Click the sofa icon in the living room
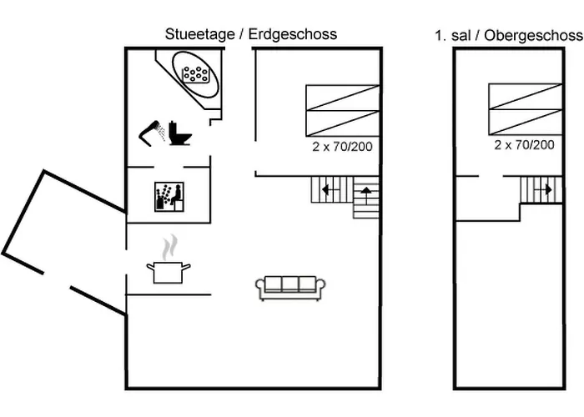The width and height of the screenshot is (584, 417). (x=290, y=288)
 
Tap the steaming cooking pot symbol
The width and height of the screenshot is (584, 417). (x=169, y=259)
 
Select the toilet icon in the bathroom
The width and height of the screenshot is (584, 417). (x=179, y=133)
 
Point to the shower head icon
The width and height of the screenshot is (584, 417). (x=152, y=133)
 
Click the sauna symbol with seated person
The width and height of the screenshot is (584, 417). (x=169, y=197)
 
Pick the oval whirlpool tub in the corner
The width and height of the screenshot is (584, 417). (x=195, y=74)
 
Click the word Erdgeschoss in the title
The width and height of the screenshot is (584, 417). (x=293, y=35)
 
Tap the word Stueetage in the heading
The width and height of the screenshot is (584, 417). (x=200, y=35)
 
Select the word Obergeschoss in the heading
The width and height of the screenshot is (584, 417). (x=533, y=36)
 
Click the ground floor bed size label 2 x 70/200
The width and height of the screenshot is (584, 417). (x=342, y=147)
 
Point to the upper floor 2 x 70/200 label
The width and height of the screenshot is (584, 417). (x=525, y=145)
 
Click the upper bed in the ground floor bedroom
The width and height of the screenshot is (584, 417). (x=343, y=98)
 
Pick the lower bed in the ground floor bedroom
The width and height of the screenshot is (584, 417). (x=343, y=123)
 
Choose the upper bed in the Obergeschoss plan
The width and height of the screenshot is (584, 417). (x=525, y=97)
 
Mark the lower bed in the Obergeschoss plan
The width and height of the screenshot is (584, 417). (x=525, y=122)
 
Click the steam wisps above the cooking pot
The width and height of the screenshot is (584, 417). (x=170, y=247)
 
